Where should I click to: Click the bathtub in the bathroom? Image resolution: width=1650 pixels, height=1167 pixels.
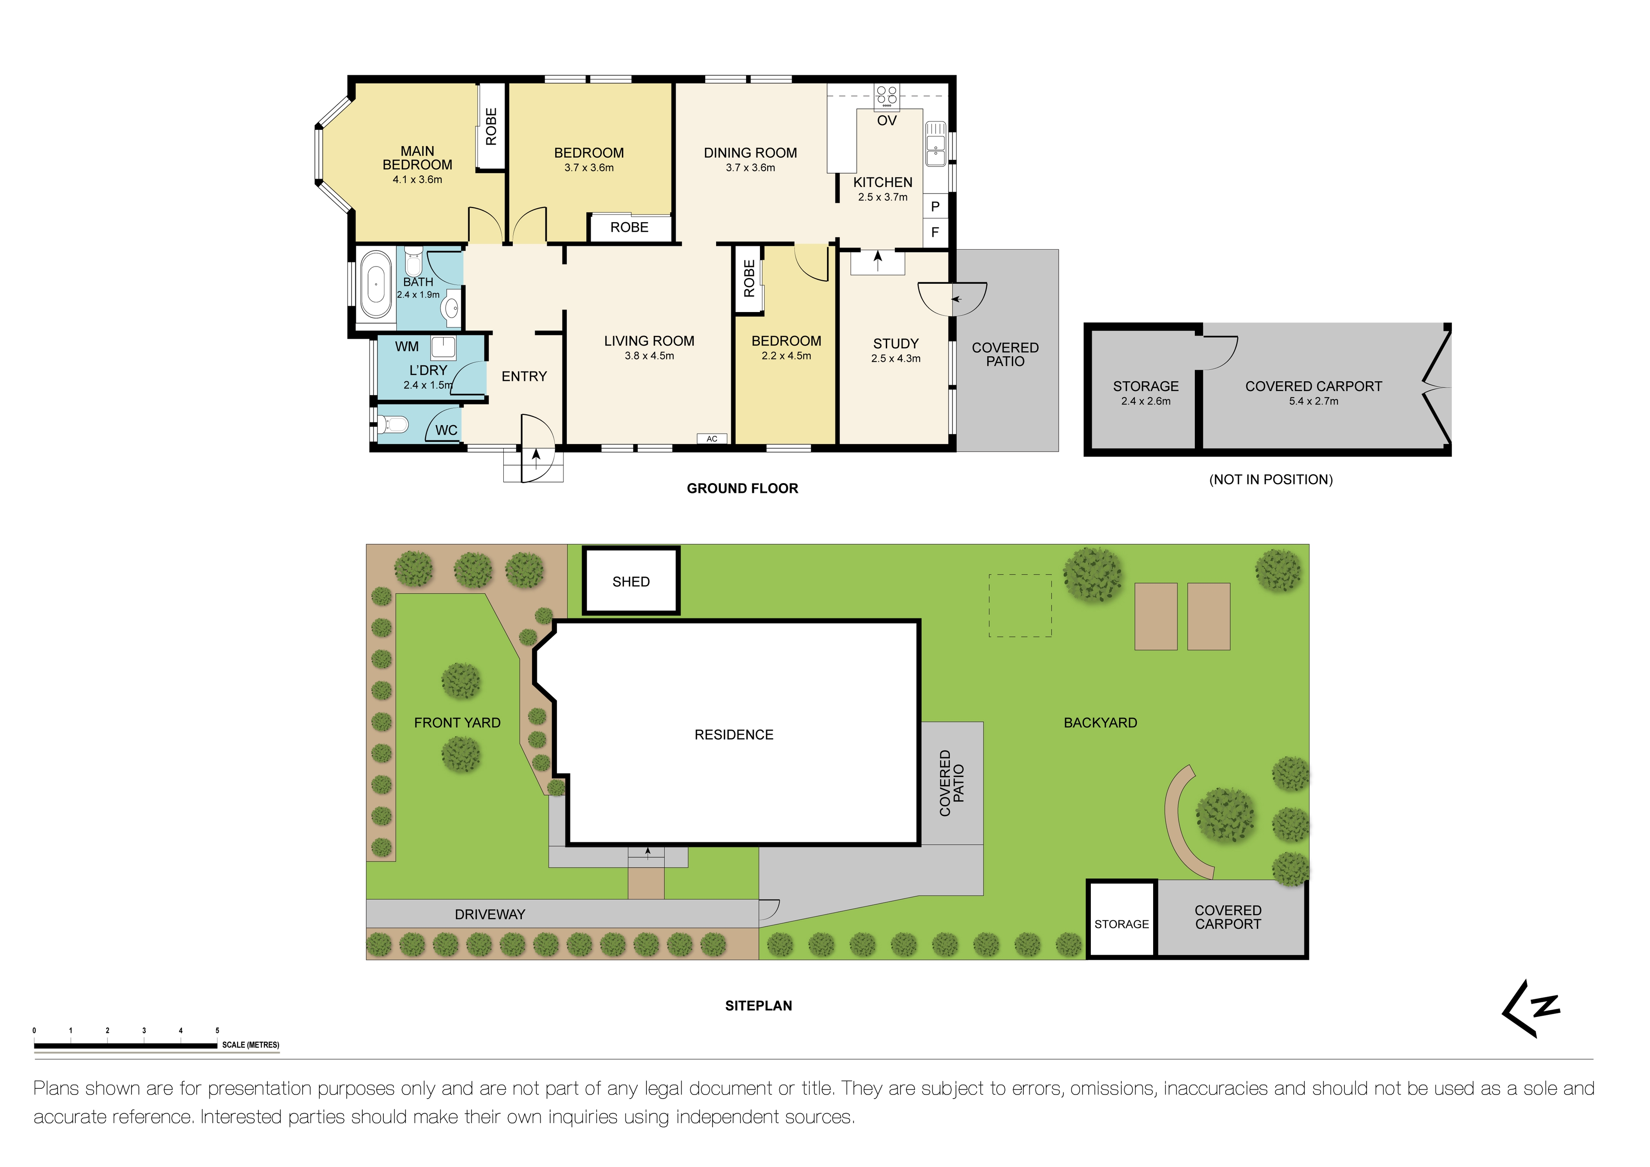click(x=375, y=285)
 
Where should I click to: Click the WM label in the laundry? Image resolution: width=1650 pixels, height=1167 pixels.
click(x=407, y=346)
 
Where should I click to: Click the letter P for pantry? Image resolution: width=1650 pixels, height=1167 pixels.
click(x=935, y=206)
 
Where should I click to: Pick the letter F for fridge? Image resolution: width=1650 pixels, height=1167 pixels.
click(x=935, y=232)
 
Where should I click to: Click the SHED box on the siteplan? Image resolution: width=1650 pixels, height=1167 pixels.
click(x=631, y=581)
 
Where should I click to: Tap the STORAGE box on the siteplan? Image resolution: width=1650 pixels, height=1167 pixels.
click(x=1121, y=923)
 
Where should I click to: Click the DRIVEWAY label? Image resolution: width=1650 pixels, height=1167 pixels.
click(x=490, y=914)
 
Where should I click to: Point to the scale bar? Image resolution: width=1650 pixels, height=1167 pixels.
click(x=126, y=1045)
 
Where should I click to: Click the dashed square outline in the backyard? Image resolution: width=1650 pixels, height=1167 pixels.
click(x=1020, y=605)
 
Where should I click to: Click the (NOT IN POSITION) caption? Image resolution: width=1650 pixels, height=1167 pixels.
click(x=1270, y=479)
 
